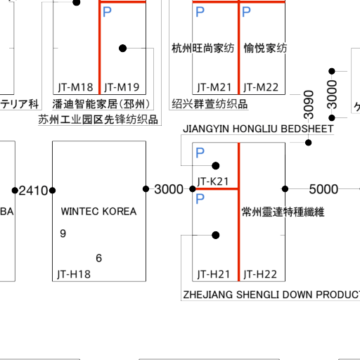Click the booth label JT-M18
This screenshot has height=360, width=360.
click(x=75, y=87)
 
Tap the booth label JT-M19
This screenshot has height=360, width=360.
click(x=122, y=87)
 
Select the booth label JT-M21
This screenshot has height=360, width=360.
click(x=214, y=87)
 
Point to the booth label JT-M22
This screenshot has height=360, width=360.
click(x=261, y=87)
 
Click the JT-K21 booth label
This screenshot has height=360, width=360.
click(x=213, y=181)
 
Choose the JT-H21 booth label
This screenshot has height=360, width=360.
click(x=213, y=274)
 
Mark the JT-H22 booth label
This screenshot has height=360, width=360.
click(x=260, y=274)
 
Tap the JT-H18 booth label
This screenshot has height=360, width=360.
click(x=74, y=274)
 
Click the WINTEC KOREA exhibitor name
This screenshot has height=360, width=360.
click(x=98, y=212)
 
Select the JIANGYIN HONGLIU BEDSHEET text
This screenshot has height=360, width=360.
click(x=258, y=129)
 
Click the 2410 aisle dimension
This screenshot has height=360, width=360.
click(x=33, y=191)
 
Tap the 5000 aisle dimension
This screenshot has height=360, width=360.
click(x=323, y=189)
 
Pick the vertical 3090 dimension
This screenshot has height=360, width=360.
click(x=309, y=105)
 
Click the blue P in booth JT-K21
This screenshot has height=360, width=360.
click(x=200, y=153)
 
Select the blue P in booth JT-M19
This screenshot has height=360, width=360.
click(x=107, y=12)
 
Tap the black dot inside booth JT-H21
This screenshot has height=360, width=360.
click(x=216, y=235)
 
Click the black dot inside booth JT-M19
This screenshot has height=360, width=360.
click(x=122, y=49)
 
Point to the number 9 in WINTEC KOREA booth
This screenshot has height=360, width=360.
click(x=63, y=233)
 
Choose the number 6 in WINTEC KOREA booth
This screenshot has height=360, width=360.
click(x=99, y=258)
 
